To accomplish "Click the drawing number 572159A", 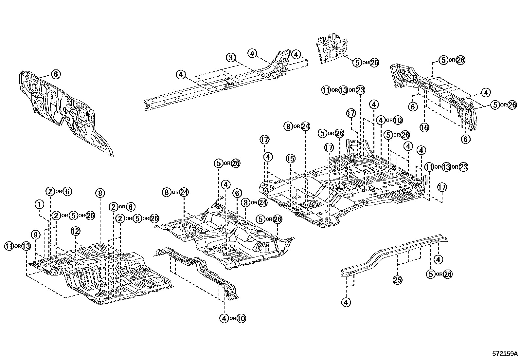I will [x=505, y=354].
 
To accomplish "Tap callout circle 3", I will [x=231, y=58].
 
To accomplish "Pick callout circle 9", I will [x=36, y=235].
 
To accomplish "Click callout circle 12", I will [x=76, y=231].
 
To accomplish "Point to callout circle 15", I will [x=291, y=159].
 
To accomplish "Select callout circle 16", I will [x=424, y=127].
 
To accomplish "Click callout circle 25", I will [x=397, y=280].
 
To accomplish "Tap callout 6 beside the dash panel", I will [x=56, y=74].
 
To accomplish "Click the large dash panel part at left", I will [x=65, y=111].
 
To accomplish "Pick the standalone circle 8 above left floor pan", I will [x=100, y=193].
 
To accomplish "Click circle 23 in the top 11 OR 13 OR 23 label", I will [x=360, y=90].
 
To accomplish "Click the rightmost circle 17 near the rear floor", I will [x=442, y=187].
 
